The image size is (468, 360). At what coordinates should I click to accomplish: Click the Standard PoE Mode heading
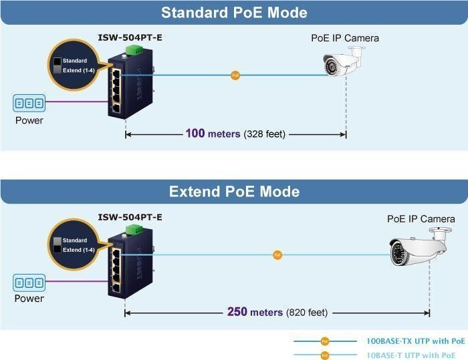pos(234,13)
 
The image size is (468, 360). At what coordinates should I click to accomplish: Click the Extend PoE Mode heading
pos(234,192)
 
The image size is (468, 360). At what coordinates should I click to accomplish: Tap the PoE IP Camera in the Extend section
pos(419,250)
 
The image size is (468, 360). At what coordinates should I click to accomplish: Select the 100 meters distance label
pos(235,134)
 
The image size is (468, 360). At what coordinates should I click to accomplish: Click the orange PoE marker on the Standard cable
pos(235,75)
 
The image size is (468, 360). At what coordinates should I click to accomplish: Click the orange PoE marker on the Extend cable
pos(277,254)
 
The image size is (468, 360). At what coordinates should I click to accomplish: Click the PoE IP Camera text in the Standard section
pos(345,38)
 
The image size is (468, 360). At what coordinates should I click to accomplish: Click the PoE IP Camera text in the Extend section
pos(421,219)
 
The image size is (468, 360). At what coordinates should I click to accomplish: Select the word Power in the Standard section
pos(29,121)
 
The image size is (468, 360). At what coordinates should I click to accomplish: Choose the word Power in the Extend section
pos(29,299)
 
